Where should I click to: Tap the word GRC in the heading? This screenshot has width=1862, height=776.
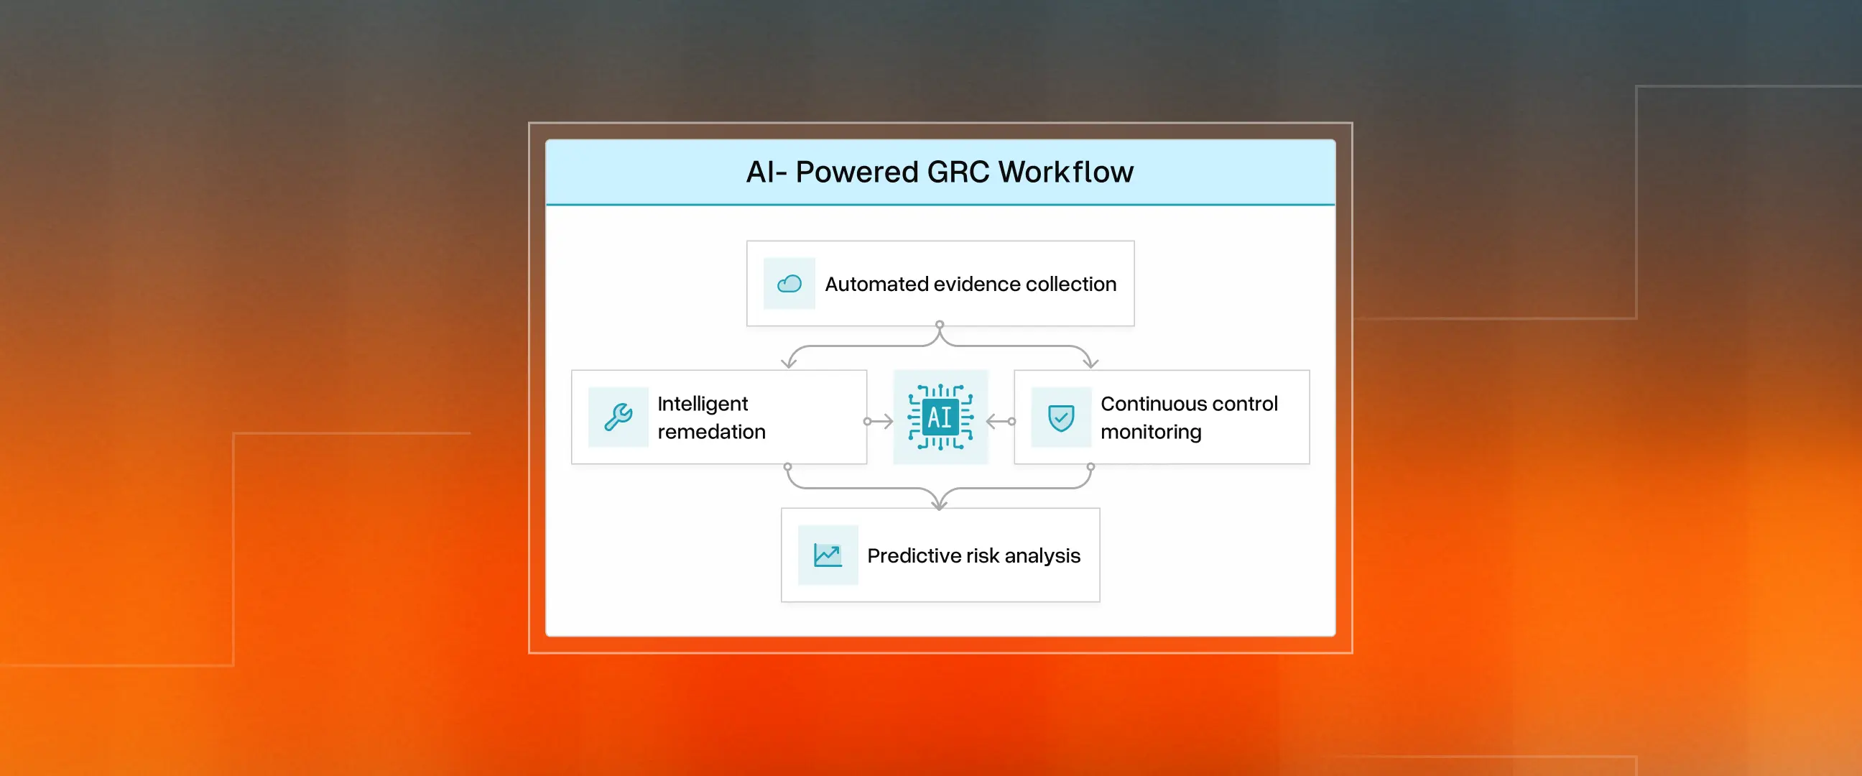click(958, 172)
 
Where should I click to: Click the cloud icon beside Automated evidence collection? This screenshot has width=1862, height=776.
click(789, 284)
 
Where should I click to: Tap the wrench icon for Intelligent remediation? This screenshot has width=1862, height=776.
click(618, 417)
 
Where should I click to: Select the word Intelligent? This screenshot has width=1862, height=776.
click(703, 404)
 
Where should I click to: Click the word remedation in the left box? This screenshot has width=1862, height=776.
click(711, 432)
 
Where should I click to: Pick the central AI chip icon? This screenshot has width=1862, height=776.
click(940, 417)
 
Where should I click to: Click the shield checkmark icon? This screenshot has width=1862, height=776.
click(1061, 417)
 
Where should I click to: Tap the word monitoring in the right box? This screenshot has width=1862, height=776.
click(1151, 432)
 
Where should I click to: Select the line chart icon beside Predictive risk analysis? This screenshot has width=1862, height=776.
click(828, 555)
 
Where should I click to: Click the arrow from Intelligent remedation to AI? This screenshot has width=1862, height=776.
click(880, 421)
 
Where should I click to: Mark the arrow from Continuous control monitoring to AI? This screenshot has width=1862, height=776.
click(1001, 421)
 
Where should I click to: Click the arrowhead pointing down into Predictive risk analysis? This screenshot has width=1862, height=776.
click(940, 504)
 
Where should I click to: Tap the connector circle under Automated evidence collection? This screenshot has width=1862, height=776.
click(940, 325)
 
